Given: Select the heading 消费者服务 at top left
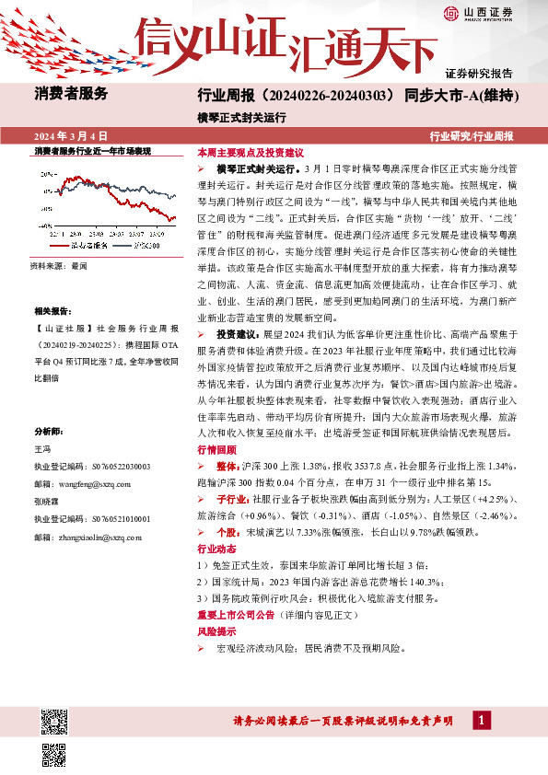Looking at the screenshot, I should pos(71,93).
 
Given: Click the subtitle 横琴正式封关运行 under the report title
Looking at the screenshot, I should pos(242,118).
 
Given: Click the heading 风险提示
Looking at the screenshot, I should pos(216,633).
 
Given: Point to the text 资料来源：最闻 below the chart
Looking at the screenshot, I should pos(58,265).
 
